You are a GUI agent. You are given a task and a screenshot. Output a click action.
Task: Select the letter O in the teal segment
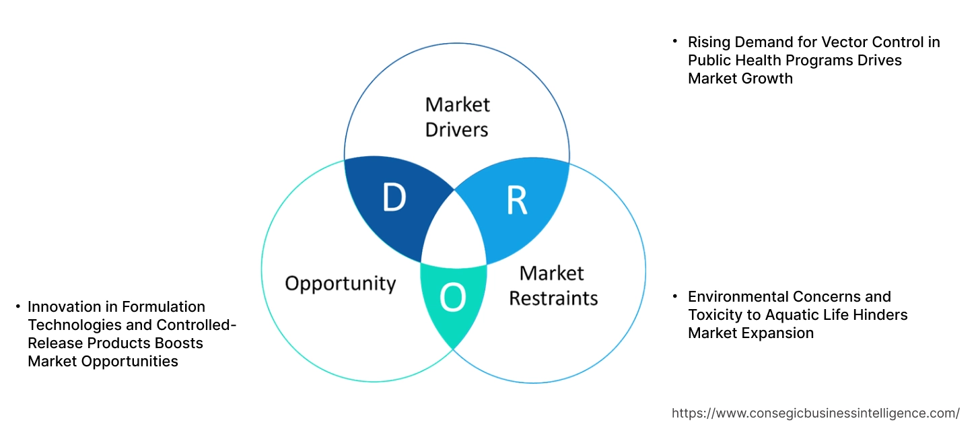pyautogui.click(x=453, y=298)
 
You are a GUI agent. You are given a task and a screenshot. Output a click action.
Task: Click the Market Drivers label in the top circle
pyautogui.click(x=457, y=116)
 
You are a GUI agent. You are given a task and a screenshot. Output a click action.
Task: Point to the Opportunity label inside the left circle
pyautogui.click(x=340, y=283)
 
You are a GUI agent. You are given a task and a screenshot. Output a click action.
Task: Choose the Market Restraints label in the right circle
pyautogui.click(x=553, y=285)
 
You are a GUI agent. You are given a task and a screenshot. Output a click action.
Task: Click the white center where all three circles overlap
pyautogui.click(x=454, y=232)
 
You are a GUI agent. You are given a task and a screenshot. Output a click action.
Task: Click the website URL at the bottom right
pyautogui.click(x=816, y=413)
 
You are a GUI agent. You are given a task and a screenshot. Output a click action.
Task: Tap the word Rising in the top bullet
pyautogui.click(x=709, y=42)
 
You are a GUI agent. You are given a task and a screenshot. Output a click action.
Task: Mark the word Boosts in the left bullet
pyautogui.click(x=180, y=343)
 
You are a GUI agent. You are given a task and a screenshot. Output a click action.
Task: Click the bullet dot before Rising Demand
pyautogui.click(x=675, y=42)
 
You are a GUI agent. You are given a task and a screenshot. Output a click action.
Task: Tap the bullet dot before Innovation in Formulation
pyautogui.click(x=18, y=307)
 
